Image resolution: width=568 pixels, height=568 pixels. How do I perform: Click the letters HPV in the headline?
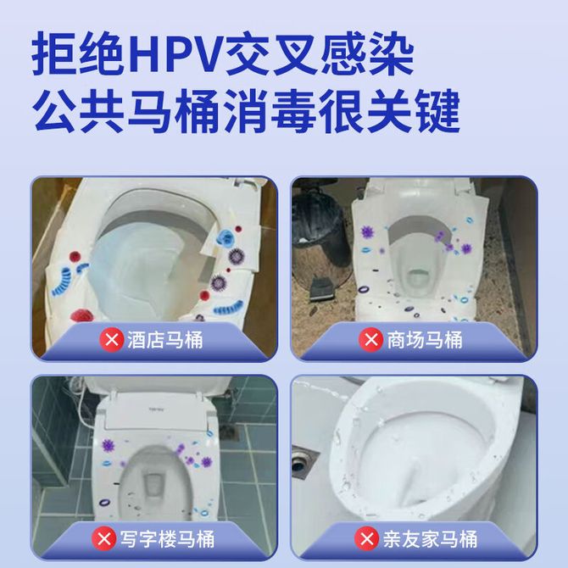click(x=173, y=54)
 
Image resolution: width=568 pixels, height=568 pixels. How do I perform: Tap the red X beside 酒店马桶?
click(x=112, y=340)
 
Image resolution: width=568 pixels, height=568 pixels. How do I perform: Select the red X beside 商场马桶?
click(x=370, y=340)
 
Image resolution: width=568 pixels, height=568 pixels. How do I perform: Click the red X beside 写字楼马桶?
click(x=104, y=538)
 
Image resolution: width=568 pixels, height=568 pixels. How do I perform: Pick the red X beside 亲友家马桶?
click(x=366, y=538)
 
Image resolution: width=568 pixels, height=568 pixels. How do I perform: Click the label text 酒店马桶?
click(x=164, y=340)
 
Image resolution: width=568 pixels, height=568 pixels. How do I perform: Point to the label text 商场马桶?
click(x=425, y=340)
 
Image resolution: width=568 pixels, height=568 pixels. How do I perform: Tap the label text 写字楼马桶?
click(x=167, y=539)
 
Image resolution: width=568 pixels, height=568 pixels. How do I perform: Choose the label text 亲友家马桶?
click(x=430, y=539)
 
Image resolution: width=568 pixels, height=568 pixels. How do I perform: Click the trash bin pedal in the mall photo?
click(x=320, y=288)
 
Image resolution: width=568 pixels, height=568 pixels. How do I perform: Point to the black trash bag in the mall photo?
click(x=316, y=221)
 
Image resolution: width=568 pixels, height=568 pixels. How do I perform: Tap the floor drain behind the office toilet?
click(x=228, y=432)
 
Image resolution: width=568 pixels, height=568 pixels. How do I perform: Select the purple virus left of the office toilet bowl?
click(x=108, y=446)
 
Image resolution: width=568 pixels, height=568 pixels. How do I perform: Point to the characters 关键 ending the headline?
click(x=413, y=110)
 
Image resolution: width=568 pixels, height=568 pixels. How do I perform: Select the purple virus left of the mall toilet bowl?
click(x=368, y=231)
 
